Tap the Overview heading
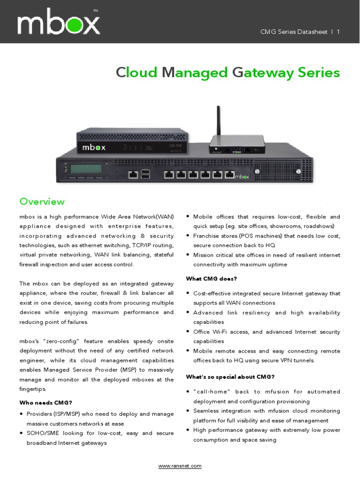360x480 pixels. click(42, 202)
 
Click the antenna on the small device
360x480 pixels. click(218, 120)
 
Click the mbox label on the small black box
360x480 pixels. click(94, 147)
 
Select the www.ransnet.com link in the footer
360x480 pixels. click(180, 466)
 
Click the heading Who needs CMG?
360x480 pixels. click(45, 402)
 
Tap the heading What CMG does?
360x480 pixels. click(211, 278)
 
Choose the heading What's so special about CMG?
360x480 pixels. click(230, 377)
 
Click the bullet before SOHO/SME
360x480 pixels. click(22, 433)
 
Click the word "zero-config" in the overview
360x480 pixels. click(58, 341)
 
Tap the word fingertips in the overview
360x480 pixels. click(33, 389)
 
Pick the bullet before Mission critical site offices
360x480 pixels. click(188, 255)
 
